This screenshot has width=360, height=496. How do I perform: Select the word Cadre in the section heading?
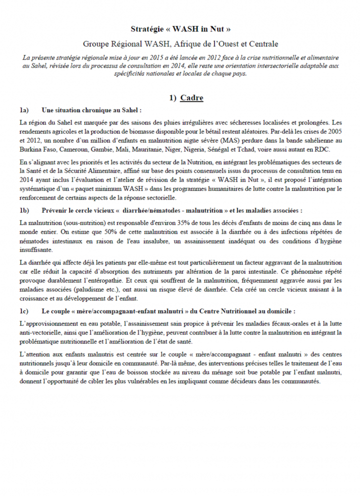[192, 98]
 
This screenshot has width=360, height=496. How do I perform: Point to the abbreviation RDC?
[331, 149]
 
